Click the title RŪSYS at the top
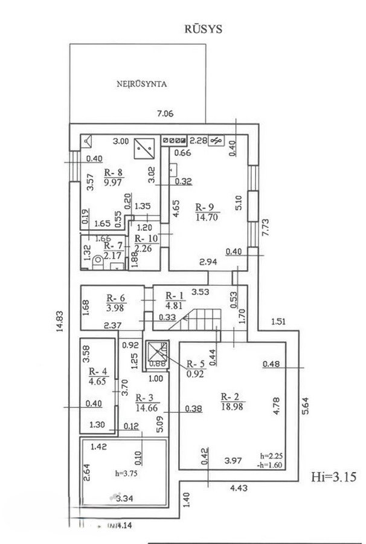203,28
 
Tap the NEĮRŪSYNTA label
142,84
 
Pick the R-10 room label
145,239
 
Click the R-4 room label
98,371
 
